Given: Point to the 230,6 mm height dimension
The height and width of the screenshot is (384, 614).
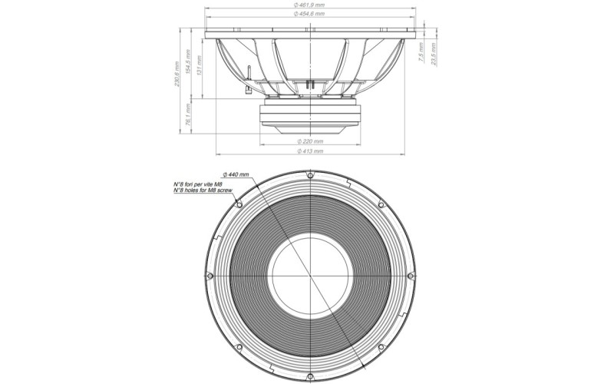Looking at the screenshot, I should click(177, 74).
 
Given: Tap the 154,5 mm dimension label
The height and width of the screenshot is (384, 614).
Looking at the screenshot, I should click(188, 67).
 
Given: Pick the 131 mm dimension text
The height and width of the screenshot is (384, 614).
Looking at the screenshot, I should click(200, 65).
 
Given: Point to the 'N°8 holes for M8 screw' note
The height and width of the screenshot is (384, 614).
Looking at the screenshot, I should click(203, 190).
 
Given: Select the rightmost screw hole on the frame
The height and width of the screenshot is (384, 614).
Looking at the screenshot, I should click(411, 276).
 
